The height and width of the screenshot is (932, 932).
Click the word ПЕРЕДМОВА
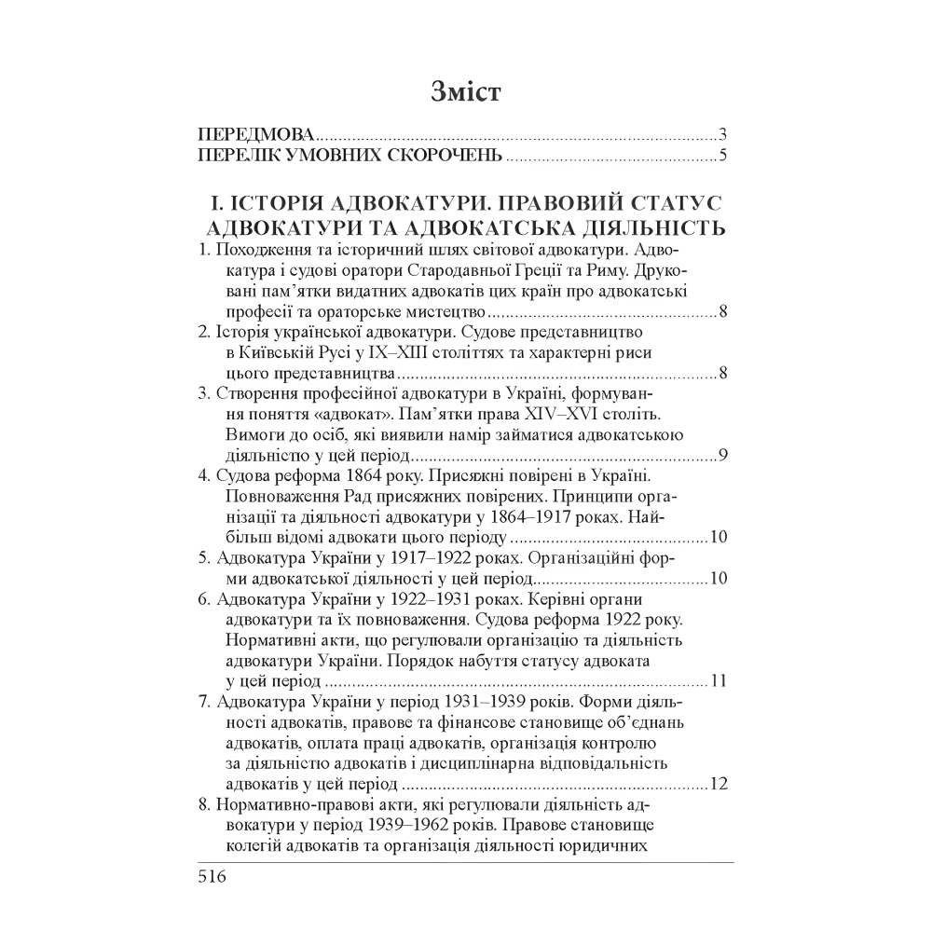(245, 132)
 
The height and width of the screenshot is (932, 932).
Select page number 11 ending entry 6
(718, 680)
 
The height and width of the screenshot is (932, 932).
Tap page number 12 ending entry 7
(718, 782)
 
